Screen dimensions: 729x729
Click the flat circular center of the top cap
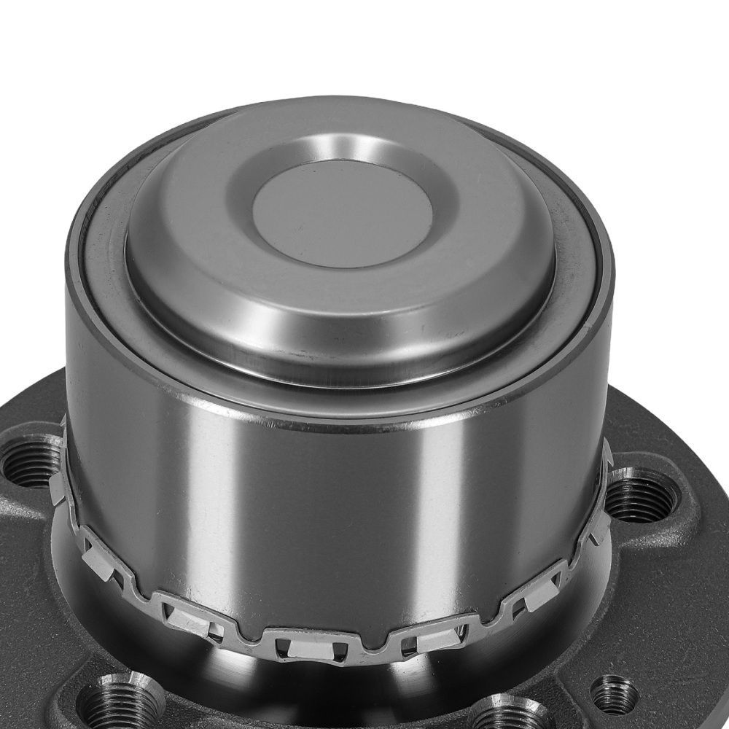click(343, 213)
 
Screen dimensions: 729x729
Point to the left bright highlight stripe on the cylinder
click(219, 510)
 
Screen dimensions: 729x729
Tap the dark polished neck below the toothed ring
click(328, 693)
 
